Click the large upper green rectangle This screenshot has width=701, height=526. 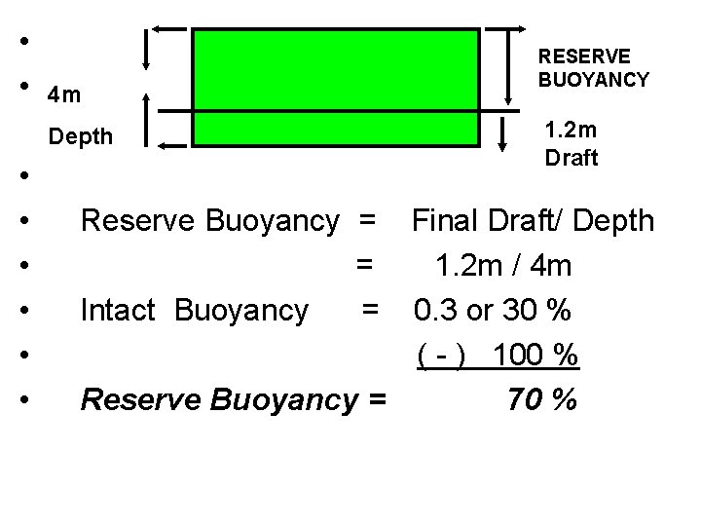coord(336,68)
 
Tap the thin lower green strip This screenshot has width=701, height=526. coord(336,128)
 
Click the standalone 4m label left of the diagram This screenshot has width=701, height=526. coord(66,95)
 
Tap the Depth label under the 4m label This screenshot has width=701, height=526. coord(81,137)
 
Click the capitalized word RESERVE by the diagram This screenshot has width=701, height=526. coord(584,57)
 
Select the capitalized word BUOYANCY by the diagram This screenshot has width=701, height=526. coord(594,80)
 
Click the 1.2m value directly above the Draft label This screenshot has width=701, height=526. coord(572,131)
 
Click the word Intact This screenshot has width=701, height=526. coord(119,311)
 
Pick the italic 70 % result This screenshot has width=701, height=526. coord(542,399)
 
